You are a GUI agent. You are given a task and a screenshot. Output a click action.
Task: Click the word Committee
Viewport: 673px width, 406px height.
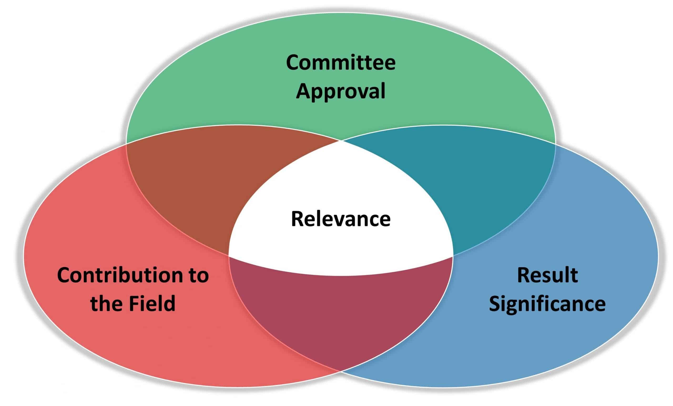tap(340, 63)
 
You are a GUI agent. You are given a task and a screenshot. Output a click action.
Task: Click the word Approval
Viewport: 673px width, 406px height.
tap(340, 92)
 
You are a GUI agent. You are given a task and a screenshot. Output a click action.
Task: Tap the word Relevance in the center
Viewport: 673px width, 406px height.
tap(341, 219)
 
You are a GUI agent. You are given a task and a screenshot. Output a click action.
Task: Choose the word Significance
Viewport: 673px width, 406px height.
tap(547, 304)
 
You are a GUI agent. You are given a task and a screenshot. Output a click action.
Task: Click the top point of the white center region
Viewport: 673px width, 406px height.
tap(341, 141)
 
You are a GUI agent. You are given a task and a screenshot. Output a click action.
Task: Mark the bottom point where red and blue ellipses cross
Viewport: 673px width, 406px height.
tap(341, 371)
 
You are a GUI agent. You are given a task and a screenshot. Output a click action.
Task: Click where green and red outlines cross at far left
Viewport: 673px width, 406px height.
tap(126, 143)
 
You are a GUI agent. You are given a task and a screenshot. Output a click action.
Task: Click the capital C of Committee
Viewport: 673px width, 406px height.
tap(293, 63)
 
